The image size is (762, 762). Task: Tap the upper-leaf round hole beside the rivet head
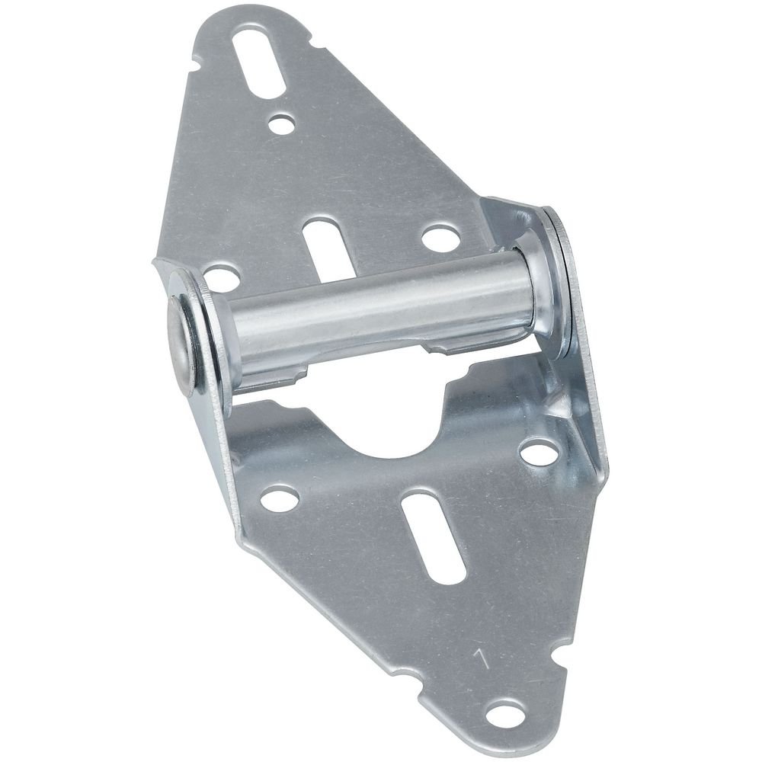(x=222, y=278)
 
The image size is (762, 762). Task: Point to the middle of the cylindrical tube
(x=381, y=312)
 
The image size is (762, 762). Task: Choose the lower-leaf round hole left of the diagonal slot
(x=279, y=499)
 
